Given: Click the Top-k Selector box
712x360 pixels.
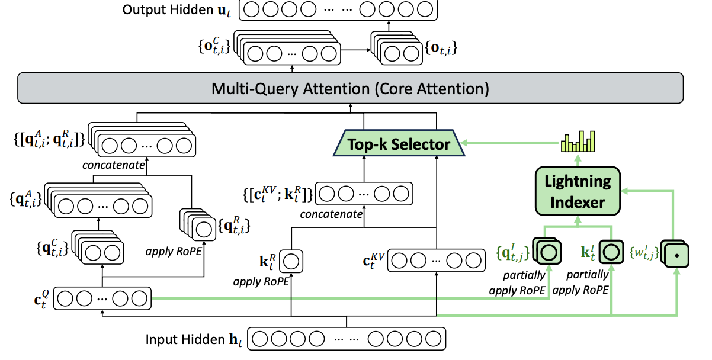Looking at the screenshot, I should pos(398,143).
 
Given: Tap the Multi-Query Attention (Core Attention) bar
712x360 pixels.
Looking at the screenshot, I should pos(349,89).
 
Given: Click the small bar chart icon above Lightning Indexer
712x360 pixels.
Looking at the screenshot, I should pos(577,142).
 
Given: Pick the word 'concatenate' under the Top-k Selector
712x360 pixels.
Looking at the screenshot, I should pos(331,214).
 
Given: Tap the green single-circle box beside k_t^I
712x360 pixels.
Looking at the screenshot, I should pos(610,252).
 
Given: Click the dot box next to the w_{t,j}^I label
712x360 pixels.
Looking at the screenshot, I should pos(673,255).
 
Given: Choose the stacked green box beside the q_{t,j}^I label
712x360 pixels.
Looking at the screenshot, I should pos(547,252).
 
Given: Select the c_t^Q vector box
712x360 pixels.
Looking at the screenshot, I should pos(103,298).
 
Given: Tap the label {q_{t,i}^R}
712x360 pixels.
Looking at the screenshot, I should pos(234,225).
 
